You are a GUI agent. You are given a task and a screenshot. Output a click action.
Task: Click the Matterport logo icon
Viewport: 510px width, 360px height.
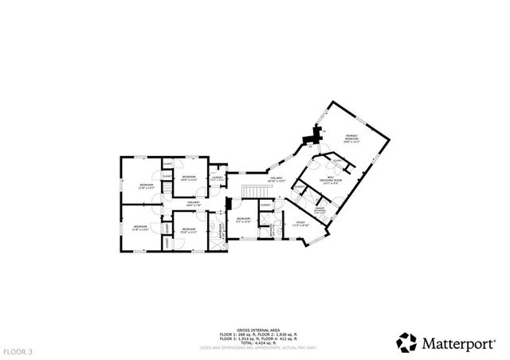coord(406,342)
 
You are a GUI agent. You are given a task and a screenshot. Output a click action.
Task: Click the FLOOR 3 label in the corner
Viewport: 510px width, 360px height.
coord(18,350)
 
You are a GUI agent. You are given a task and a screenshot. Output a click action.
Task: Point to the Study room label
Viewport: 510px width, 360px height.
coord(300,225)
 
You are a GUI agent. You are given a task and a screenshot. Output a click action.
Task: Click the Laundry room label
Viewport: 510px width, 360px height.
coord(216,178)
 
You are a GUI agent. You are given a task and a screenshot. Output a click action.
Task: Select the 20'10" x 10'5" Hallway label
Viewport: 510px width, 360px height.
coord(277,180)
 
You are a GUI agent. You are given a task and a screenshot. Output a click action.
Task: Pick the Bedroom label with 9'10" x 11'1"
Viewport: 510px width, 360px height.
coord(188,231)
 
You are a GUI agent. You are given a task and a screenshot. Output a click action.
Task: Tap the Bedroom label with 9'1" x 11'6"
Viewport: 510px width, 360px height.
coord(243,220)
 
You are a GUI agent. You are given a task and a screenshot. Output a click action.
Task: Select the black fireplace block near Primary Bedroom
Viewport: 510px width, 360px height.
coord(312,139)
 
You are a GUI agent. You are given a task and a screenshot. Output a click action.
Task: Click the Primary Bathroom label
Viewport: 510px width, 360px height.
coord(319,210)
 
